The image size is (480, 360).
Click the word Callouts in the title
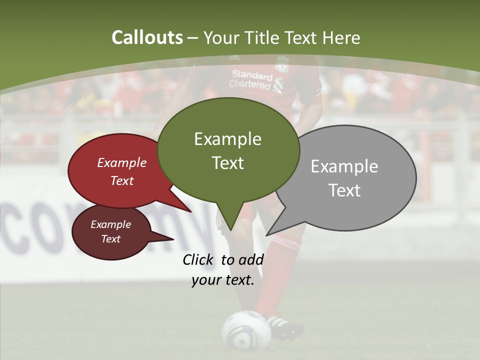[x=147, y=37]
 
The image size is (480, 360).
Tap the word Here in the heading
[x=341, y=38]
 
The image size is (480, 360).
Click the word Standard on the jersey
[x=251, y=75]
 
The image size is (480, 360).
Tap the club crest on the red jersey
[x=282, y=64]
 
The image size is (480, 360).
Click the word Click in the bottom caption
[x=199, y=259]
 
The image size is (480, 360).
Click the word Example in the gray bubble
[x=344, y=166]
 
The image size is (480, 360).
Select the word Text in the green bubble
[x=228, y=163]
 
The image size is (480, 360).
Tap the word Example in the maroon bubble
[x=110, y=224]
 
